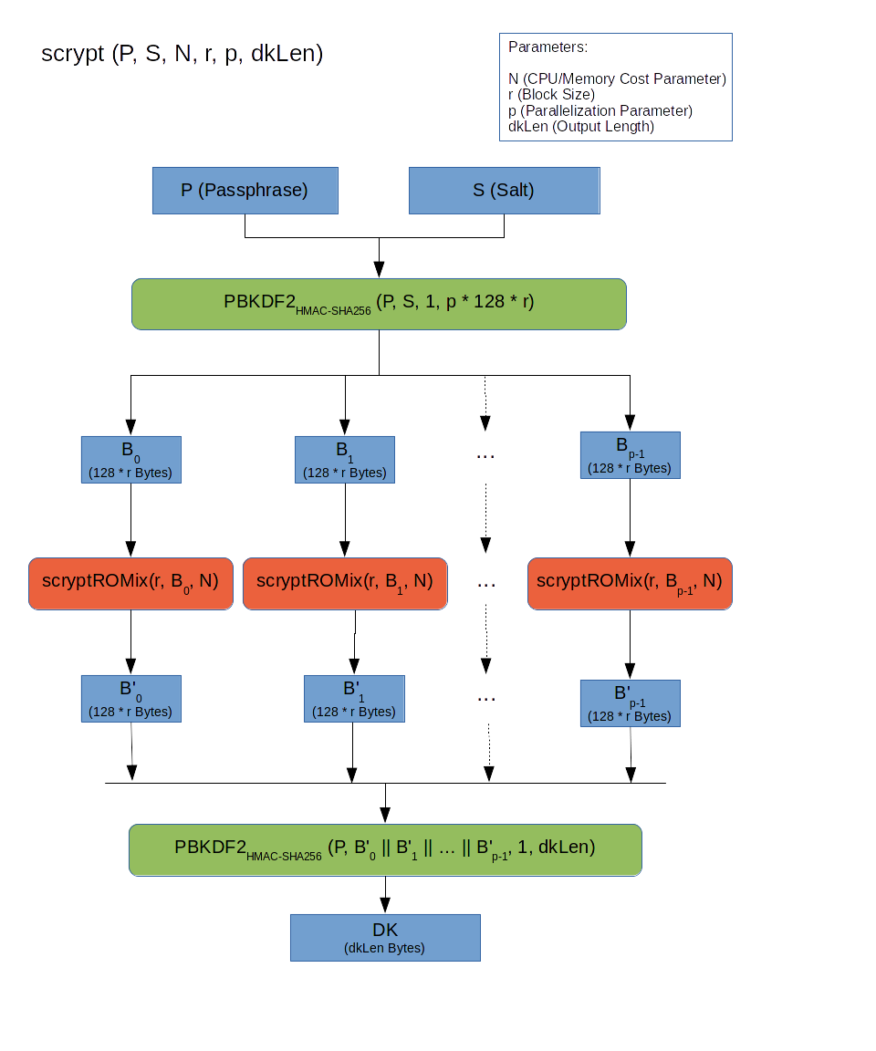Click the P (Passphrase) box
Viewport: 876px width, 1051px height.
[245, 191]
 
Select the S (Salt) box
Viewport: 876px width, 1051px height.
[504, 191]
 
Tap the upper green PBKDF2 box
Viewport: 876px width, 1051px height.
[379, 304]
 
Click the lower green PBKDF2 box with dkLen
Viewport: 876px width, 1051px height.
[385, 849]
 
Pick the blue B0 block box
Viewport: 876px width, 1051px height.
[131, 460]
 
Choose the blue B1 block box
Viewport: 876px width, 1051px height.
[345, 460]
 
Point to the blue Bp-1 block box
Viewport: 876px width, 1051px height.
[630, 455]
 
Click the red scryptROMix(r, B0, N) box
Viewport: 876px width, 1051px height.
[131, 583]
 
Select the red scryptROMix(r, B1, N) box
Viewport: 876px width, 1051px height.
[345, 583]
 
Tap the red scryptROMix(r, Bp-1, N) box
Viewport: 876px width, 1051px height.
[630, 583]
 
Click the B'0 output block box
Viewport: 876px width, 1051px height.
[131, 699]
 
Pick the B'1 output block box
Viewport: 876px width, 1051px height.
[354, 699]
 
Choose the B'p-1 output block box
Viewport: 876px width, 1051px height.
[630, 702]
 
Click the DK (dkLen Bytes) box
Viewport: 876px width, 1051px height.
[385, 938]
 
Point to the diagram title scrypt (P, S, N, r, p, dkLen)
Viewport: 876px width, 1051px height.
[182, 54]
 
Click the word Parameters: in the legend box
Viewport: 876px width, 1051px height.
[547, 47]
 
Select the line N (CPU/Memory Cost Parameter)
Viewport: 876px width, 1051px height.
[617, 79]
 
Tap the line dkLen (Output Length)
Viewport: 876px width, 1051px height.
[581, 127]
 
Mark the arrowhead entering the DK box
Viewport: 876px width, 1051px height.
[385, 907]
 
